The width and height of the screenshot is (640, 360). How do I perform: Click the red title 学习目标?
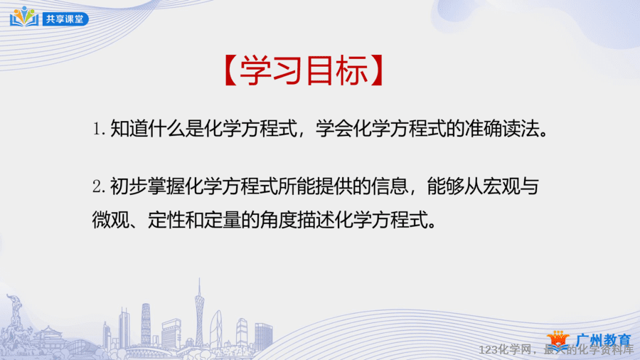point(304,70)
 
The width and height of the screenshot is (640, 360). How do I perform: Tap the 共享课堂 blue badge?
point(65,18)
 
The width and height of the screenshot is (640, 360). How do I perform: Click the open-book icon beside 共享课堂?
point(24,17)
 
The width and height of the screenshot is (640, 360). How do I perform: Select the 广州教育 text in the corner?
point(603,340)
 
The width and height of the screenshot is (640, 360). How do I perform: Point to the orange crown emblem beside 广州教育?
point(558,341)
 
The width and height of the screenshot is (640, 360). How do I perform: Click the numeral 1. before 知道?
point(99,129)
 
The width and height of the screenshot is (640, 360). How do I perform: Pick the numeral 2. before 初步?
point(99,186)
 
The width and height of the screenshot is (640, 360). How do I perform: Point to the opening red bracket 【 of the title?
point(231,70)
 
